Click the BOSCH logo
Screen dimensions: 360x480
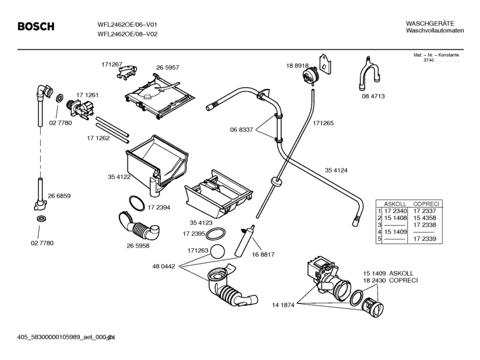36,27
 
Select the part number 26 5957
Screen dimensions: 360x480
168,67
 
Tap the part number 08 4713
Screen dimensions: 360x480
373,96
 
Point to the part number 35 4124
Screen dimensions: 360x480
336,170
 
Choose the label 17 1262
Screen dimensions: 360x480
98,138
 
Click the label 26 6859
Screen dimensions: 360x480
59,196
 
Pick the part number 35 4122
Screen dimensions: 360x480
119,177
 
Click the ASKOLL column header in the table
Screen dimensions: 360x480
394,204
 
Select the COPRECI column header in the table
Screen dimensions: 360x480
424,204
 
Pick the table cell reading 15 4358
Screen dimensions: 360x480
424,218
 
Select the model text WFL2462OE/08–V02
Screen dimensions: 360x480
128,34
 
